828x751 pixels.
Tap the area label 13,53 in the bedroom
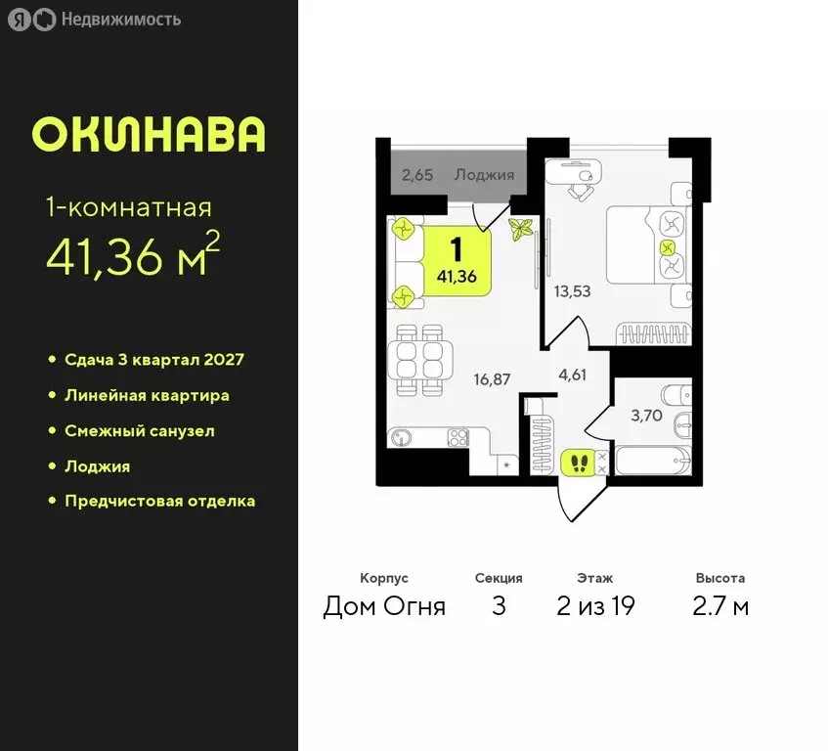point(572,290)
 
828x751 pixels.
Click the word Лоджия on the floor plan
point(485,176)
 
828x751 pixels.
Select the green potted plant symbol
point(520,231)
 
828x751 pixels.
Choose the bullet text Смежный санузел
point(139,430)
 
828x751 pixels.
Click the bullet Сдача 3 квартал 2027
point(153,360)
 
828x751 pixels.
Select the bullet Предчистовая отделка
point(159,501)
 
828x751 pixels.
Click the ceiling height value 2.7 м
point(720,606)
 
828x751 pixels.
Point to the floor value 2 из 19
point(595,606)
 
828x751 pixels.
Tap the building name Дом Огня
point(384,606)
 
